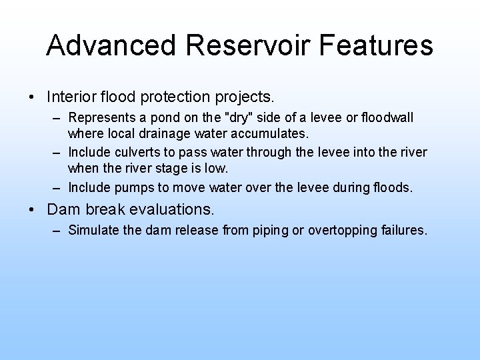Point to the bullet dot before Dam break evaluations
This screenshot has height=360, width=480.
coord(33,209)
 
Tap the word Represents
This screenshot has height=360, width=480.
coord(100,118)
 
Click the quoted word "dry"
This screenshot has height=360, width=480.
coord(241,118)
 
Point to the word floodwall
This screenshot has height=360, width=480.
coord(386,118)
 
